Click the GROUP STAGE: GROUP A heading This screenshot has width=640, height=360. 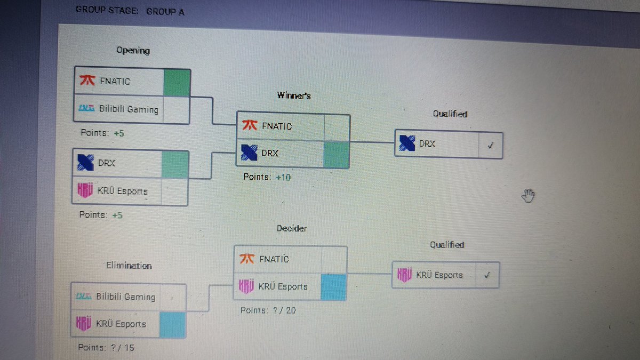(130, 10)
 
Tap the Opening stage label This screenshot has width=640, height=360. (133, 51)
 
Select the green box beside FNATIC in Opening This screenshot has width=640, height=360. (177, 83)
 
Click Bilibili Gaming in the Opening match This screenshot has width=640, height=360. (129, 109)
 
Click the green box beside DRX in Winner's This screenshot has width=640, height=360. (336, 154)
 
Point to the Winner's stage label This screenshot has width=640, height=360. (293, 96)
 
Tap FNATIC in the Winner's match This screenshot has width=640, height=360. (276, 126)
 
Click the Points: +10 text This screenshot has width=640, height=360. (267, 177)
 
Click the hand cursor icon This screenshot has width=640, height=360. (528, 196)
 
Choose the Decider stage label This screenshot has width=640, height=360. (292, 228)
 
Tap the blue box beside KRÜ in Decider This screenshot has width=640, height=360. (333, 287)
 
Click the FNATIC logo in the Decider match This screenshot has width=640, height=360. (247, 259)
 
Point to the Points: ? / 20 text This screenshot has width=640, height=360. (268, 310)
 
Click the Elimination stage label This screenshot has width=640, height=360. (129, 266)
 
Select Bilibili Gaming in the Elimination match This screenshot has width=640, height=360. (125, 297)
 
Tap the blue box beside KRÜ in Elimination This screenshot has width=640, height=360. (172, 324)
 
